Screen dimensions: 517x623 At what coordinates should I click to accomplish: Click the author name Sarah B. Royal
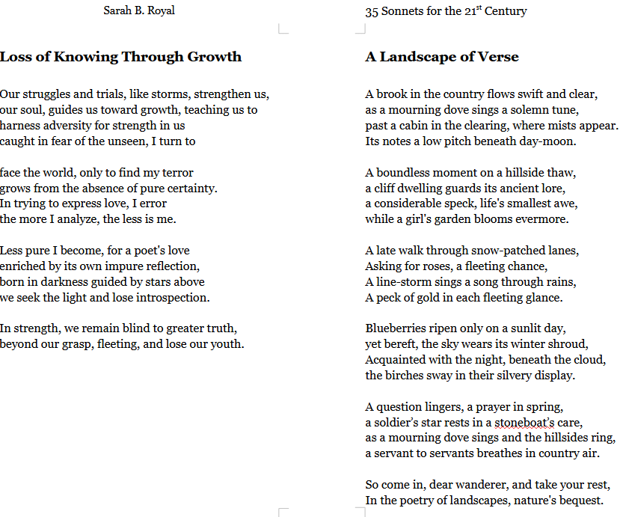click(x=139, y=11)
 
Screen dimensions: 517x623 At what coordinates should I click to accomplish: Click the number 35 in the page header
click(x=372, y=11)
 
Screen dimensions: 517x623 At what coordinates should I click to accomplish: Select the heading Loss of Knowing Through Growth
click(x=121, y=57)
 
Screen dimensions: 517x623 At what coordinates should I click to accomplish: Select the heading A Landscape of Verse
click(x=441, y=57)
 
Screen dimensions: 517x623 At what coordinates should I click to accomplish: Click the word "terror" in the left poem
click(x=177, y=173)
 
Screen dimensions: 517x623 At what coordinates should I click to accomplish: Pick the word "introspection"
click(x=171, y=298)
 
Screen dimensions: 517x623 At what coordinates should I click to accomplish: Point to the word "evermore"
click(x=542, y=219)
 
